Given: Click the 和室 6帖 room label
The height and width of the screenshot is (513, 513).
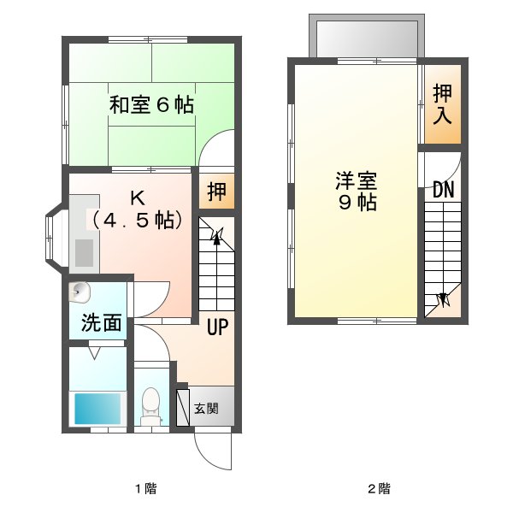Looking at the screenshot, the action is pyautogui.click(x=151, y=104).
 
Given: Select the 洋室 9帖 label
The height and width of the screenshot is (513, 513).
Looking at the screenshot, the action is pyautogui.click(x=357, y=191).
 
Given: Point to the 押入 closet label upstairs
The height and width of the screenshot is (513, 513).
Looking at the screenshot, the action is pyautogui.click(x=443, y=104).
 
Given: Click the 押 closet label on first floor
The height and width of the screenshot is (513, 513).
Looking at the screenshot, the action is pyautogui.click(x=216, y=192).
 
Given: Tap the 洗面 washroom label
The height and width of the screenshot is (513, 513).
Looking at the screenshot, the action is pyautogui.click(x=102, y=322).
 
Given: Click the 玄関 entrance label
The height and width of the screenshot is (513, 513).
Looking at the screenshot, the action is pyautogui.click(x=206, y=409).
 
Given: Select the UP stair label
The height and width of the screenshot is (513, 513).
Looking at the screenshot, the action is pyautogui.click(x=217, y=327).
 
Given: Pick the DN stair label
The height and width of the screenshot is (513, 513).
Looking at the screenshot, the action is pyautogui.click(x=444, y=189).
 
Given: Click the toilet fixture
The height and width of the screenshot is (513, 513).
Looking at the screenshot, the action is pyautogui.click(x=150, y=406).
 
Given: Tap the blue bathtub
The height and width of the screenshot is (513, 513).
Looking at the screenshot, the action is pyautogui.click(x=97, y=409).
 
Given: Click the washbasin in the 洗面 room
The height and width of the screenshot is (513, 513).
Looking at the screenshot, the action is pyautogui.click(x=79, y=292).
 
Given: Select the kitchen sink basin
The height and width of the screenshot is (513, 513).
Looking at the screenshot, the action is pyautogui.click(x=84, y=253).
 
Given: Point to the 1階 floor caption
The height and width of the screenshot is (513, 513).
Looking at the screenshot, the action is pyautogui.click(x=146, y=488).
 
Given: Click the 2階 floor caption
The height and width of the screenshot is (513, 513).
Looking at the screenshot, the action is pyautogui.click(x=379, y=488).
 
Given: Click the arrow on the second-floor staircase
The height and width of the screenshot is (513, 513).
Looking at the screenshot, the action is pyautogui.click(x=443, y=299).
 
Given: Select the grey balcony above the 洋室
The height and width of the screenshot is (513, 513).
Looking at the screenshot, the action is pyautogui.click(x=367, y=36).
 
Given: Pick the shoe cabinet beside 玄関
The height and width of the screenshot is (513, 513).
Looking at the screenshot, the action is pyautogui.click(x=183, y=408).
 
